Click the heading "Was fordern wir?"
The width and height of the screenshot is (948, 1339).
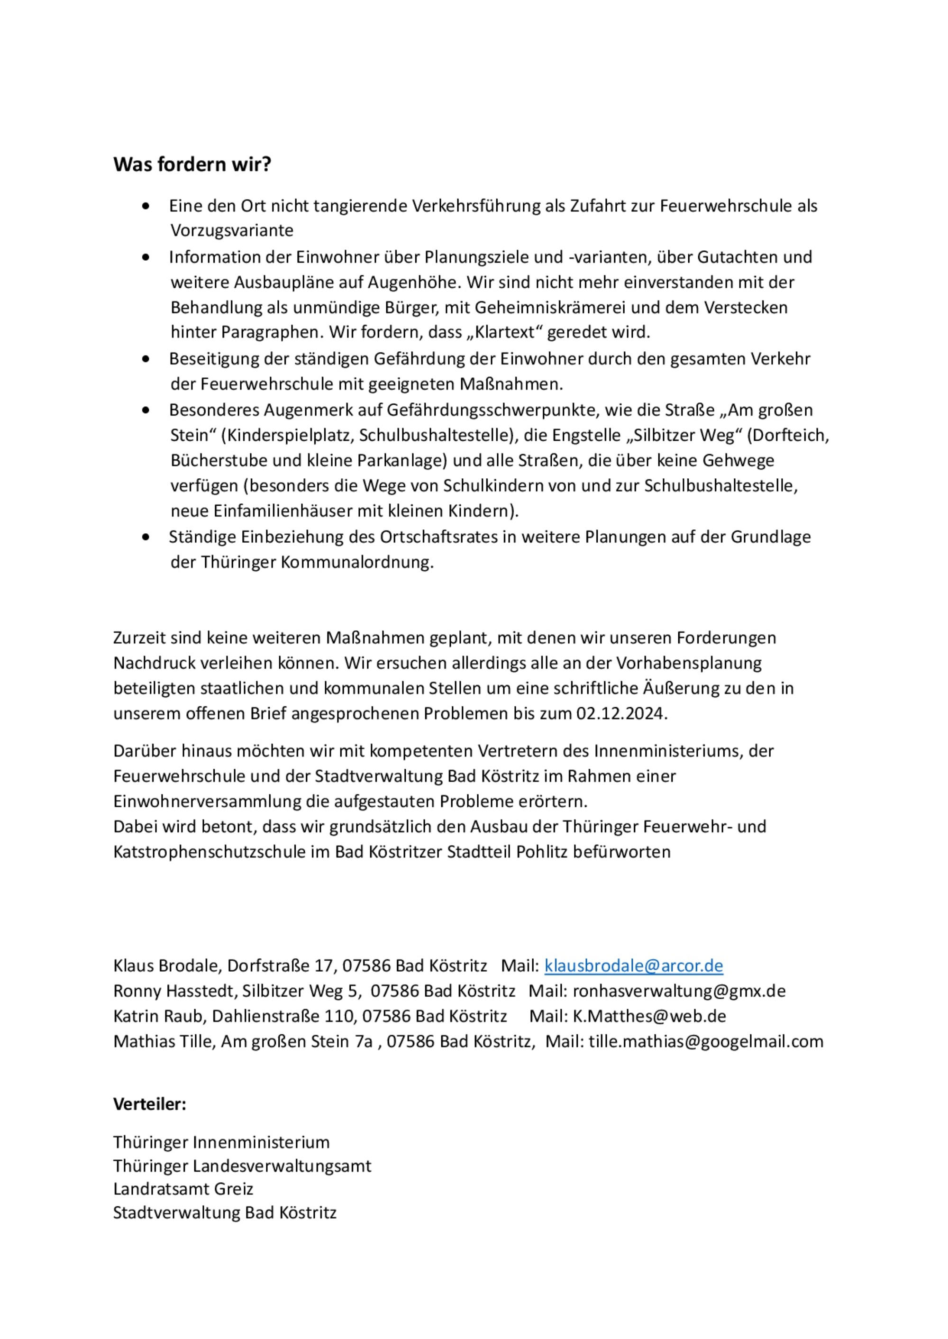coord(192,164)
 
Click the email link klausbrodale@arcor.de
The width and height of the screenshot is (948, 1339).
coord(633,966)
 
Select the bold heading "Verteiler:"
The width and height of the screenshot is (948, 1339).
coord(149,1104)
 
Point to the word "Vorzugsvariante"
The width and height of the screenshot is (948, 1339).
coord(232,230)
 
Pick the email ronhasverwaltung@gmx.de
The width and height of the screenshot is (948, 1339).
coord(679,991)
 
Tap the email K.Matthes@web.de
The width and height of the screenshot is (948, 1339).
coord(649,1016)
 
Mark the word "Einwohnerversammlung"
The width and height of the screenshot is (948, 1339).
coord(207,802)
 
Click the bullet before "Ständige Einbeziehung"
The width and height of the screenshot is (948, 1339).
coord(146,537)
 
